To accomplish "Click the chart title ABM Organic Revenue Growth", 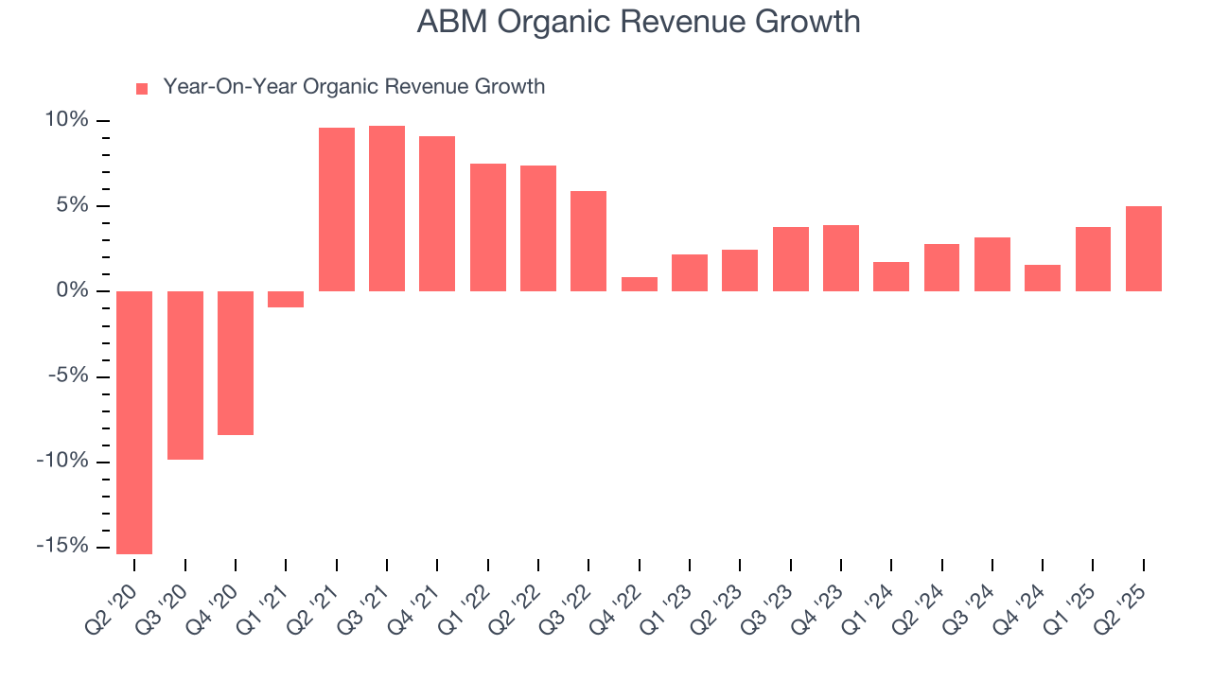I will (639, 23).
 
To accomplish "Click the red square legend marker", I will (142, 89).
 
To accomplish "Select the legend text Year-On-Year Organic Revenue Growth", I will (354, 87).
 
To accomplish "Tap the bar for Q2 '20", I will (134, 422).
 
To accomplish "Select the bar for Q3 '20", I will (185, 375).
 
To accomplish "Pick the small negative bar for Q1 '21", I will (286, 299).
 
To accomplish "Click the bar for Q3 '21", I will (387, 208).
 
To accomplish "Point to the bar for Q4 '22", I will (640, 284).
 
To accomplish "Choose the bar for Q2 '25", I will (1144, 249).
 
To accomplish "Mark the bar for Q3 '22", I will (588, 241).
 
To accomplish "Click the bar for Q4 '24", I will (1043, 278).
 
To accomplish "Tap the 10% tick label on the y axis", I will (66, 120).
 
